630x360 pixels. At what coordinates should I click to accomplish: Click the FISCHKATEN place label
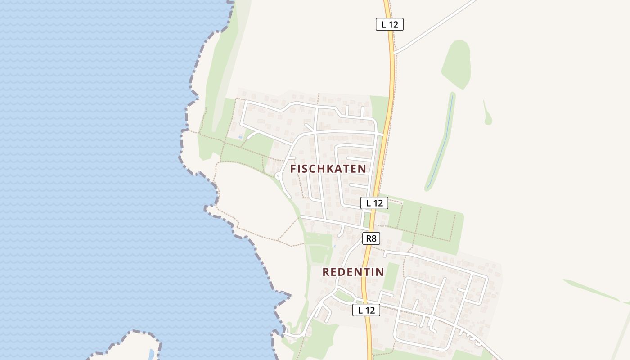pyautogui.click(x=328, y=169)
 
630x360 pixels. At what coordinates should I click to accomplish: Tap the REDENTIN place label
pyautogui.click(x=353, y=272)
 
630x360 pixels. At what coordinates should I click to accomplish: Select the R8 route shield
pyautogui.click(x=371, y=238)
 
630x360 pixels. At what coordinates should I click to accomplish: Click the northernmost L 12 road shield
pyautogui.click(x=390, y=24)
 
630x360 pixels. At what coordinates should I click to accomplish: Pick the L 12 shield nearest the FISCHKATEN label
pyautogui.click(x=374, y=203)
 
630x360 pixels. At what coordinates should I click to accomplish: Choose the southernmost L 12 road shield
pyautogui.click(x=366, y=310)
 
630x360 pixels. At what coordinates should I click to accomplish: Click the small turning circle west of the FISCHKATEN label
pyautogui.click(x=277, y=176)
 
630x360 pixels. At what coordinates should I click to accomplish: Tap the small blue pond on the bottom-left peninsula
pyautogui.click(x=151, y=353)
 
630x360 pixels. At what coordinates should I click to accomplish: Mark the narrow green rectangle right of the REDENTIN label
pyautogui.click(x=391, y=276)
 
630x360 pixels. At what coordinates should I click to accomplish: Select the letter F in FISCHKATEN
pyautogui.click(x=293, y=169)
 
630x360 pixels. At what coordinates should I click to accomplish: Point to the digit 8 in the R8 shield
pyautogui.click(x=373, y=238)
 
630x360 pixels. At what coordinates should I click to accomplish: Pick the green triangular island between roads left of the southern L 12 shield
pyautogui.click(x=344, y=296)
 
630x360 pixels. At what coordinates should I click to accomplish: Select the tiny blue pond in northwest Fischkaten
pyautogui.click(x=240, y=136)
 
